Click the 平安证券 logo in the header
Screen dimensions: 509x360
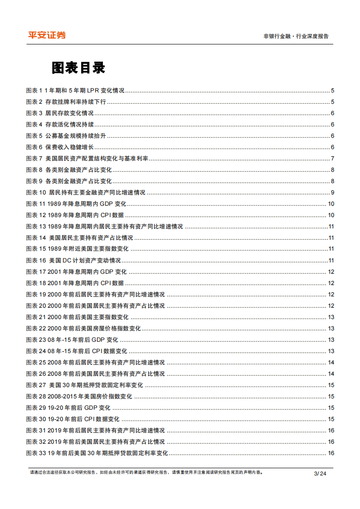tap(47, 35)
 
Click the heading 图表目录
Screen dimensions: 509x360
tap(78, 68)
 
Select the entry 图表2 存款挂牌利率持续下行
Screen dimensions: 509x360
tap(66, 102)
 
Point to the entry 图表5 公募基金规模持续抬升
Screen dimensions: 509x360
tap(66, 136)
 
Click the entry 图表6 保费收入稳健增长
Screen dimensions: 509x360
tap(60, 147)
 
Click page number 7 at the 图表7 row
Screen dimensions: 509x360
tap(332, 159)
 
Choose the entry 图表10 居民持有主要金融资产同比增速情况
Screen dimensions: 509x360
tap(86, 193)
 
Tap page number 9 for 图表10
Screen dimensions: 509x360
tap(332, 193)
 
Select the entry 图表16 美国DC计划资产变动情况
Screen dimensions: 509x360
tap(73, 261)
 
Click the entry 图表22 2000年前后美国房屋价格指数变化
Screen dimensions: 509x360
tap(83, 329)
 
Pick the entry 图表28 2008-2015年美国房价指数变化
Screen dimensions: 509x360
tap(79, 397)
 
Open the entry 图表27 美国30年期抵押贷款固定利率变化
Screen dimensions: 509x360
tap(85, 385)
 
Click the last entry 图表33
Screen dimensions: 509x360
tap(97, 453)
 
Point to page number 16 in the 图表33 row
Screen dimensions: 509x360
tap(331, 453)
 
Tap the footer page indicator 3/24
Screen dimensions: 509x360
tap(320, 474)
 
